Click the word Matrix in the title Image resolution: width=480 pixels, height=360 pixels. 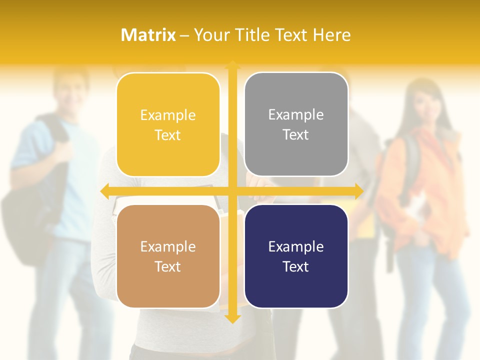pyautogui.click(x=148, y=35)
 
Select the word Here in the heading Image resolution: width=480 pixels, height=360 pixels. pyautogui.click(x=332, y=35)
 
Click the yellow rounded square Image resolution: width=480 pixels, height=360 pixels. pyautogui.click(x=168, y=124)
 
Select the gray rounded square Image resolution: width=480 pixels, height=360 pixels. pyautogui.click(x=296, y=124)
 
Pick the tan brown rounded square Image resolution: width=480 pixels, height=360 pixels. pyautogui.click(x=168, y=256)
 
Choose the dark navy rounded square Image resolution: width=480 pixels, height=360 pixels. pyautogui.click(x=296, y=256)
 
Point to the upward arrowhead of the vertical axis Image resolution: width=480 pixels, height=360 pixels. pyautogui.click(x=232, y=65)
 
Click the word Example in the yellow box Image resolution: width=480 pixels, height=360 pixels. pyautogui.click(x=168, y=115)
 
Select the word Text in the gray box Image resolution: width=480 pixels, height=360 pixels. pyautogui.click(x=296, y=134)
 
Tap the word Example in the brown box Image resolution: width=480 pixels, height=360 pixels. pyautogui.click(x=168, y=246)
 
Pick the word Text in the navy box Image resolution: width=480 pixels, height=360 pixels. pyautogui.click(x=296, y=266)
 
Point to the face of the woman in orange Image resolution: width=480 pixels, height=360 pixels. pyautogui.click(x=421, y=102)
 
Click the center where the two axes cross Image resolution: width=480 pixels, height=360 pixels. pyautogui.click(x=232, y=191)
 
